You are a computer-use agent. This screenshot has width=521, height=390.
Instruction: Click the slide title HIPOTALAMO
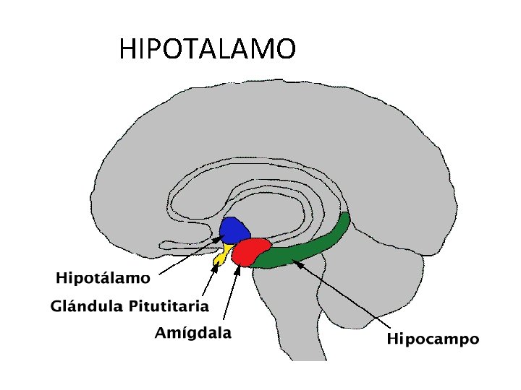[207, 49]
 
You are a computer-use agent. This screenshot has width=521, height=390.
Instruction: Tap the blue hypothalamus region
[234, 231]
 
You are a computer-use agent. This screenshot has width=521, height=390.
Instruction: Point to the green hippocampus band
[304, 248]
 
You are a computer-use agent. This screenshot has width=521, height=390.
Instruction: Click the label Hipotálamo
[103, 278]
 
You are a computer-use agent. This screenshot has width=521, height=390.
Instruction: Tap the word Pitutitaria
[169, 306]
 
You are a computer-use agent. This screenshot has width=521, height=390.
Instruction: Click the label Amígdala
[193, 333]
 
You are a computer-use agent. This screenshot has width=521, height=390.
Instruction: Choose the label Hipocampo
[433, 339]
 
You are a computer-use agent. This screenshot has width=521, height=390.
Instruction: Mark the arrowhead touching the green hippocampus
[296, 263]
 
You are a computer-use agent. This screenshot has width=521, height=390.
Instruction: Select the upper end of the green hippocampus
[344, 218]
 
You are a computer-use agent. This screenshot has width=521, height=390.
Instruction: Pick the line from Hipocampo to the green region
[340, 297]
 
